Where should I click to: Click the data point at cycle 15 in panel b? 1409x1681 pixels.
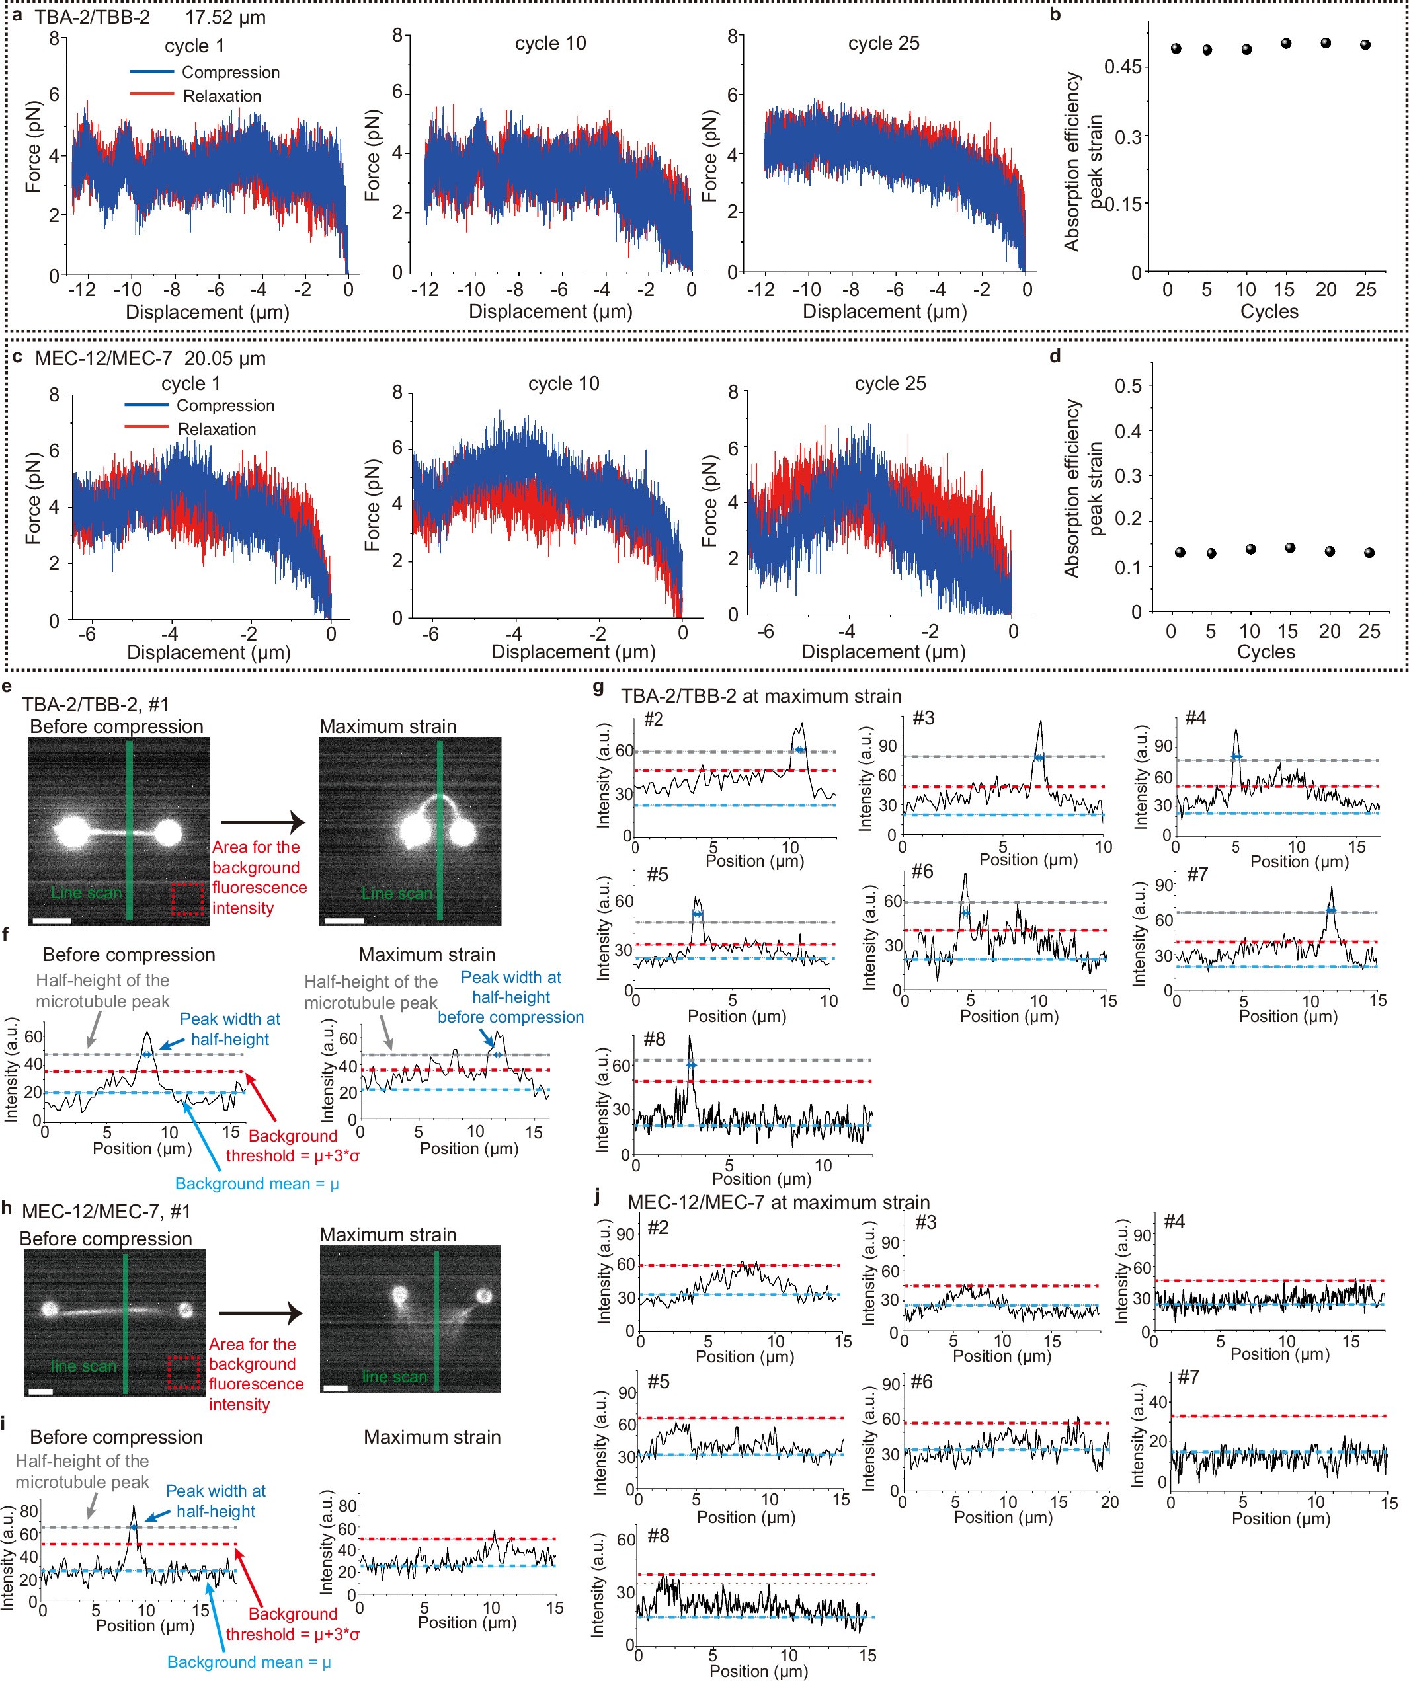tap(1286, 43)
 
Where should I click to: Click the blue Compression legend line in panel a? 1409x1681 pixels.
tap(152, 72)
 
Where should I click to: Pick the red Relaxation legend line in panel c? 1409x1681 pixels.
tap(147, 428)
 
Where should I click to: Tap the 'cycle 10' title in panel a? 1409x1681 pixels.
tap(550, 43)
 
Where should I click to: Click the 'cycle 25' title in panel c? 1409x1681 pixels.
tap(889, 383)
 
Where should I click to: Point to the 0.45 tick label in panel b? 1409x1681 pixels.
tap(1123, 67)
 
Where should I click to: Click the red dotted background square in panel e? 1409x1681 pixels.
tap(187, 899)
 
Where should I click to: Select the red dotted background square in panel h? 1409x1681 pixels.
tap(183, 1372)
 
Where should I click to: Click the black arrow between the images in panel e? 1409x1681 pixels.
tap(262, 821)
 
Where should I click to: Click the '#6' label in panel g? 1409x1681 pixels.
tap(922, 871)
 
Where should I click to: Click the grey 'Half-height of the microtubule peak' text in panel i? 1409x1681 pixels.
tap(83, 1471)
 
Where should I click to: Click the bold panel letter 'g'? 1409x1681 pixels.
tap(598, 687)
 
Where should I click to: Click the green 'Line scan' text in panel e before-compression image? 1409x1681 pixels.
tap(87, 892)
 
